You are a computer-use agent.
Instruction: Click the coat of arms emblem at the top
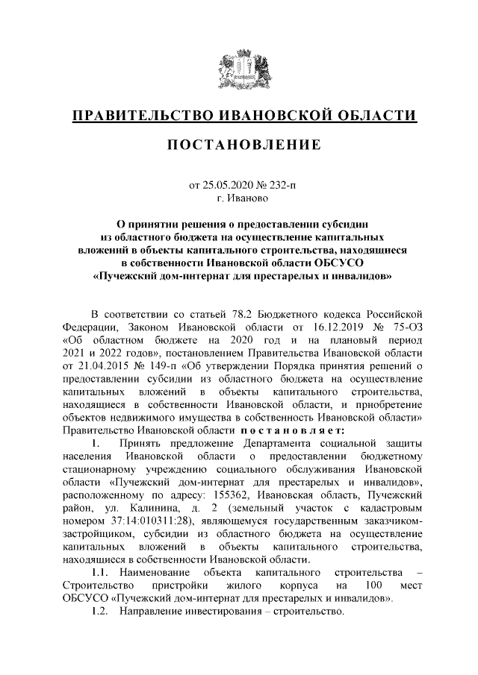tap(239, 70)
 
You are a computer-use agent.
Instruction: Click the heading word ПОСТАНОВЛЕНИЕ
tap(239, 143)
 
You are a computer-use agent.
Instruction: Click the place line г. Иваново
tap(238, 198)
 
